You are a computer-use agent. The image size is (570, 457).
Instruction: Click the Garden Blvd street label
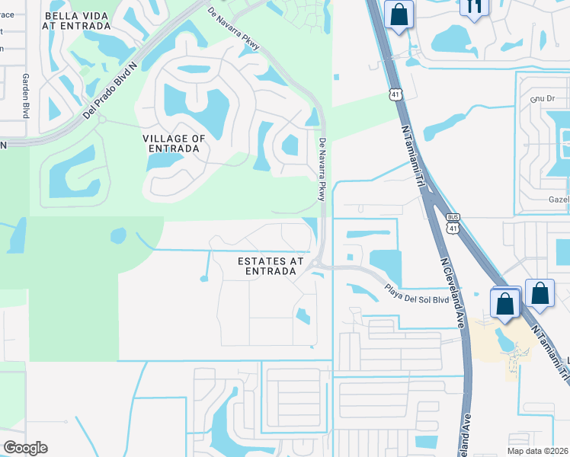[25, 96]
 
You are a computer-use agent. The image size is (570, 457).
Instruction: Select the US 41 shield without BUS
[393, 94]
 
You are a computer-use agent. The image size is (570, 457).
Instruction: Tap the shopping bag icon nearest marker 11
[399, 14]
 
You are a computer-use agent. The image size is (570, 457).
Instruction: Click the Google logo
[25, 448]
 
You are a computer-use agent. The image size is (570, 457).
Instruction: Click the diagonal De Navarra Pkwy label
[234, 29]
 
